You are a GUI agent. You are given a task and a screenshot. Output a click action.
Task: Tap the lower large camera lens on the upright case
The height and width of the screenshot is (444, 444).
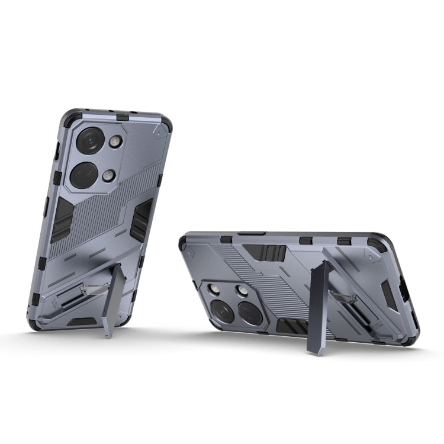(83, 175)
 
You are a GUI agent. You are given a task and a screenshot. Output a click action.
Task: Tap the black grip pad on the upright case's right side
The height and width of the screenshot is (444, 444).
(143, 220)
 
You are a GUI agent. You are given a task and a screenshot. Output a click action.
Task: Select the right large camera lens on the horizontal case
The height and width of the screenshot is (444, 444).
(250, 313)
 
